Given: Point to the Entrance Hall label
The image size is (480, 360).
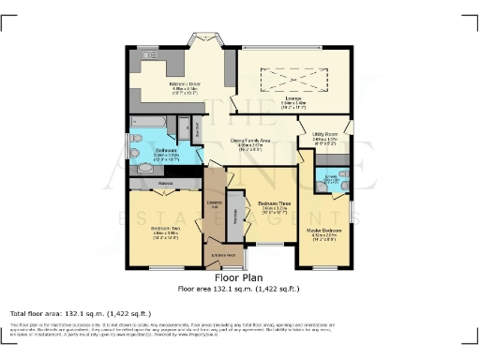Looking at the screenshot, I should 214,204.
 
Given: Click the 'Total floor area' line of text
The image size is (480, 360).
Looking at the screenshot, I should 80,313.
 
